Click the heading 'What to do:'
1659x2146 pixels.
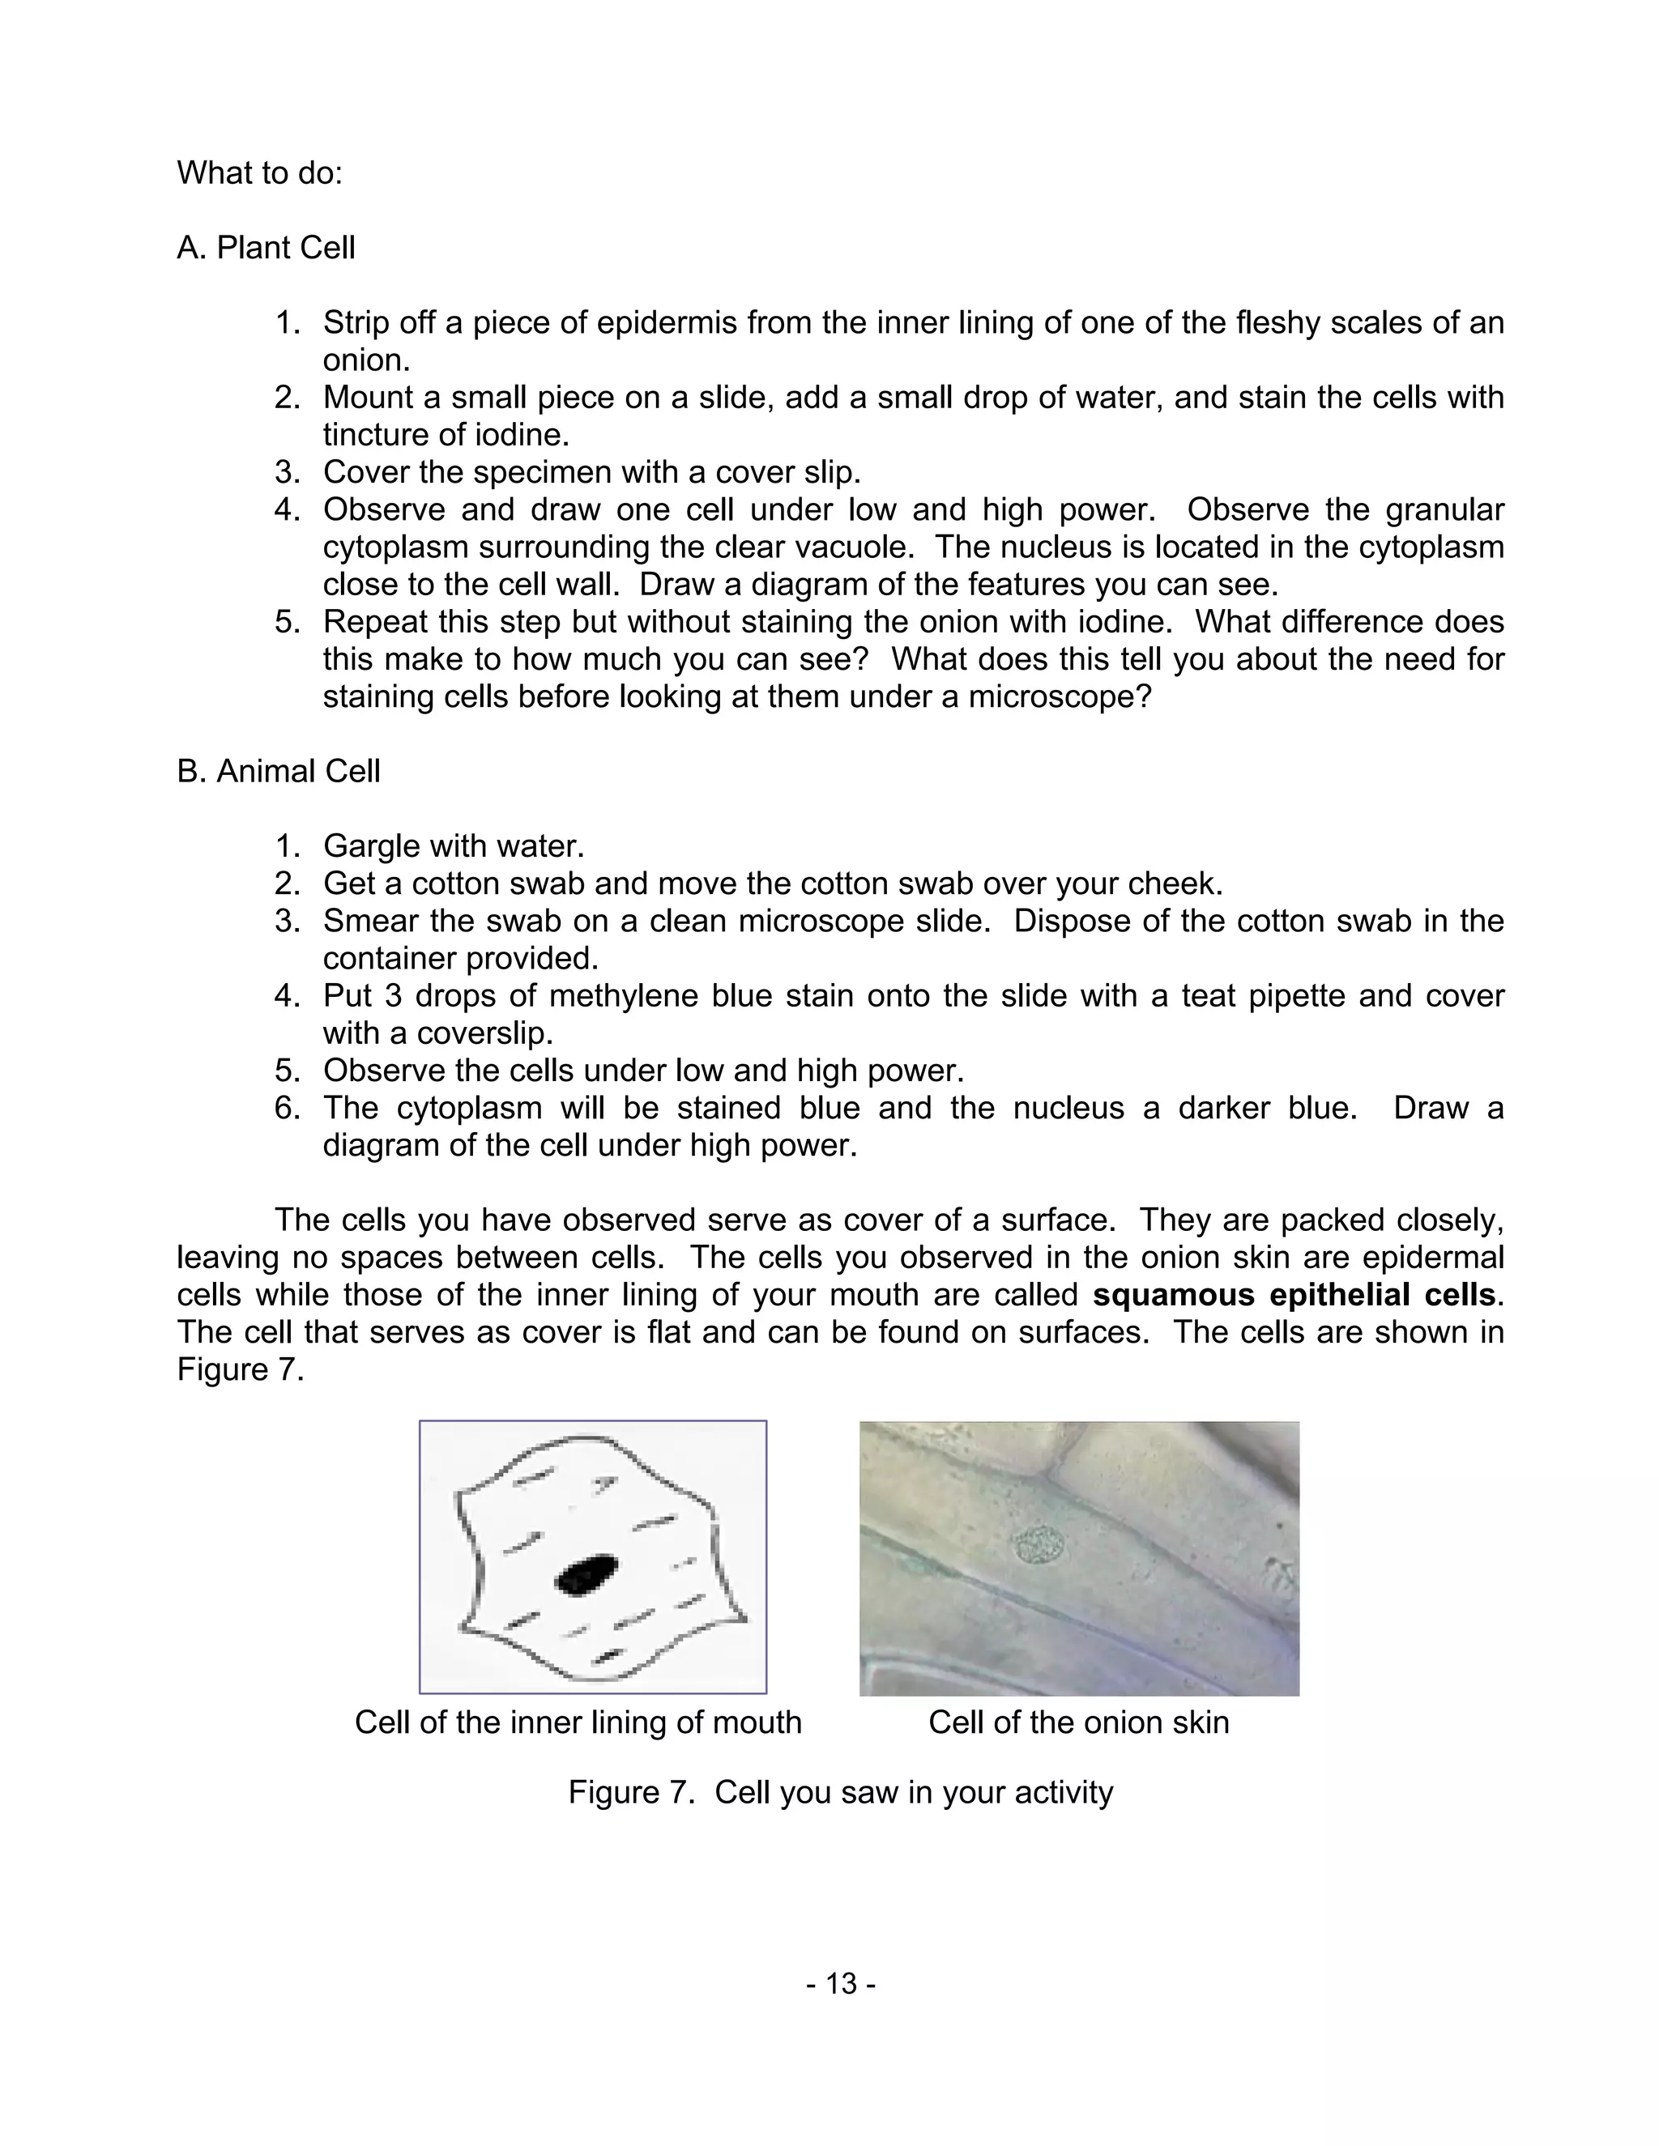(x=259, y=173)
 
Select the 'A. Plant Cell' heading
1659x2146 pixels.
(x=266, y=248)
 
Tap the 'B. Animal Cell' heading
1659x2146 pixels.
(x=278, y=771)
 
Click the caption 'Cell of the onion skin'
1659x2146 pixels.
(x=1078, y=1722)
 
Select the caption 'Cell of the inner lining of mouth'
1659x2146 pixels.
(x=578, y=1722)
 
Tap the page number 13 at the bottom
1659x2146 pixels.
(x=840, y=1984)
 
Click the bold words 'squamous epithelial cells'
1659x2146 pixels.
(x=1294, y=1295)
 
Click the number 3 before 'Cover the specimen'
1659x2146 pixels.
(x=285, y=473)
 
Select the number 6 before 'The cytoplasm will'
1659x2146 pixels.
(x=285, y=1109)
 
